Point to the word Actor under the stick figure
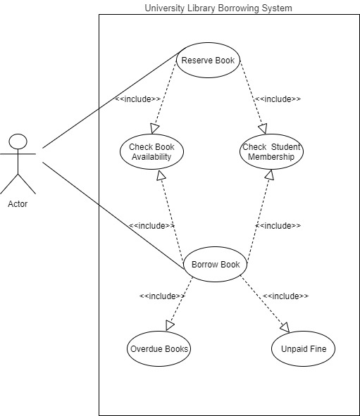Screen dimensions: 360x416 click(x=18, y=204)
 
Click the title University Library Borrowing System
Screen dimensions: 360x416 click(x=218, y=8)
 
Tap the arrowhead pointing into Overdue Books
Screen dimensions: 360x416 click(x=169, y=325)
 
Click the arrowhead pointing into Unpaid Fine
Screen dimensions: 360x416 click(x=285, y=327)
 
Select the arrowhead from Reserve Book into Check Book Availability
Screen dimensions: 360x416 click(x=154, y=128)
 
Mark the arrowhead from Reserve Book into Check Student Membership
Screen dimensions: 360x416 click(x=263, y=129)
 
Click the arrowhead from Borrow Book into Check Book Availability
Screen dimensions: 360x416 click(x=161, y=175)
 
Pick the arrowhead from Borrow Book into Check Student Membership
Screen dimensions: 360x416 click(x=269, y=175)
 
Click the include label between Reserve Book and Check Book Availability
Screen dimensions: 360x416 click(x=137, y=99)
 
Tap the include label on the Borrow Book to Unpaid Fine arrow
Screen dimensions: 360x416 click(x=285, y=296)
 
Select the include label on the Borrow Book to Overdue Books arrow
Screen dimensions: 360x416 click(x=162, y=296)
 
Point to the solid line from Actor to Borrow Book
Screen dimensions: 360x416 click(x=113, y=215)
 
